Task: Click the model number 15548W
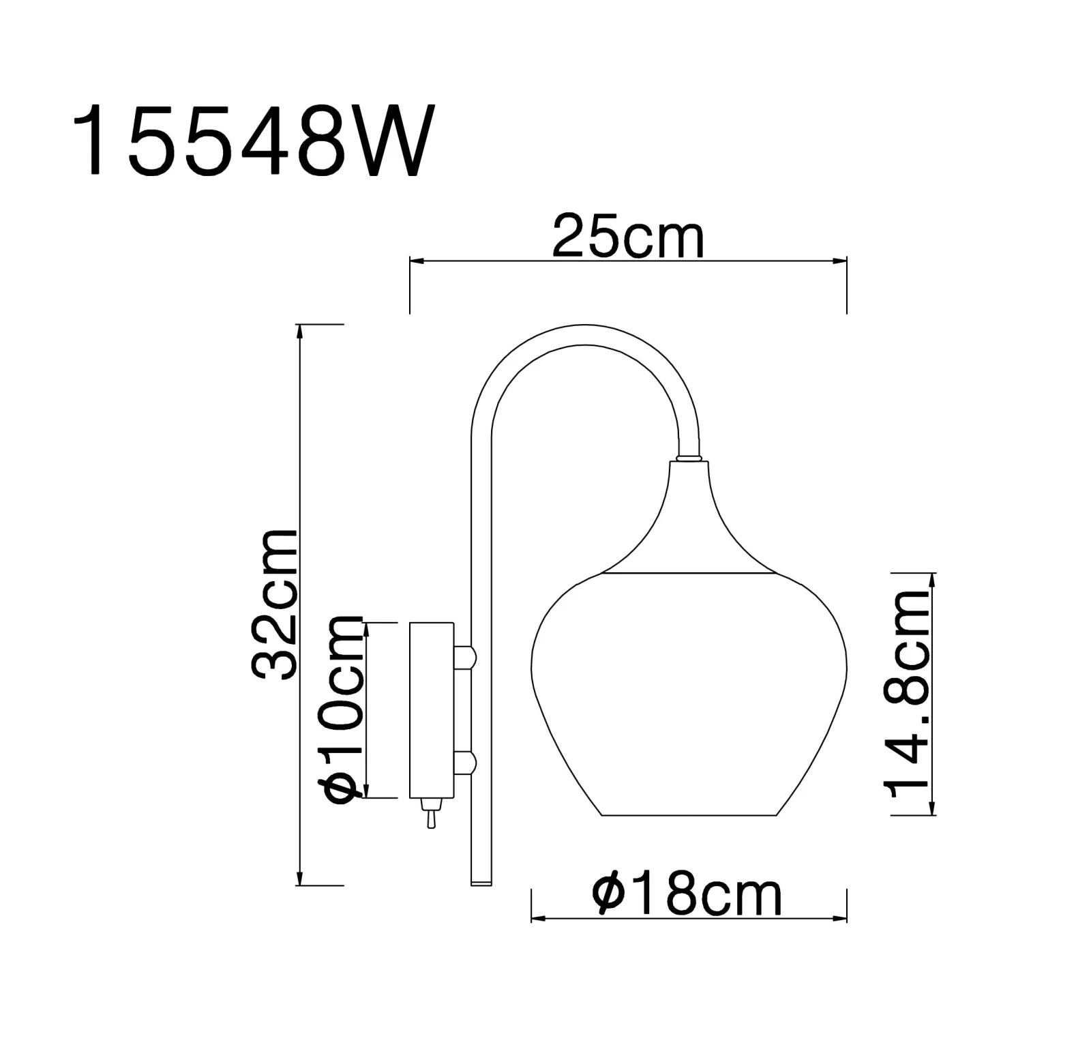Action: (253, 141)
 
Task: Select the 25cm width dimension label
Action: (628, 236)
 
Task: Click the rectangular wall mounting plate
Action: (431, 709)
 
